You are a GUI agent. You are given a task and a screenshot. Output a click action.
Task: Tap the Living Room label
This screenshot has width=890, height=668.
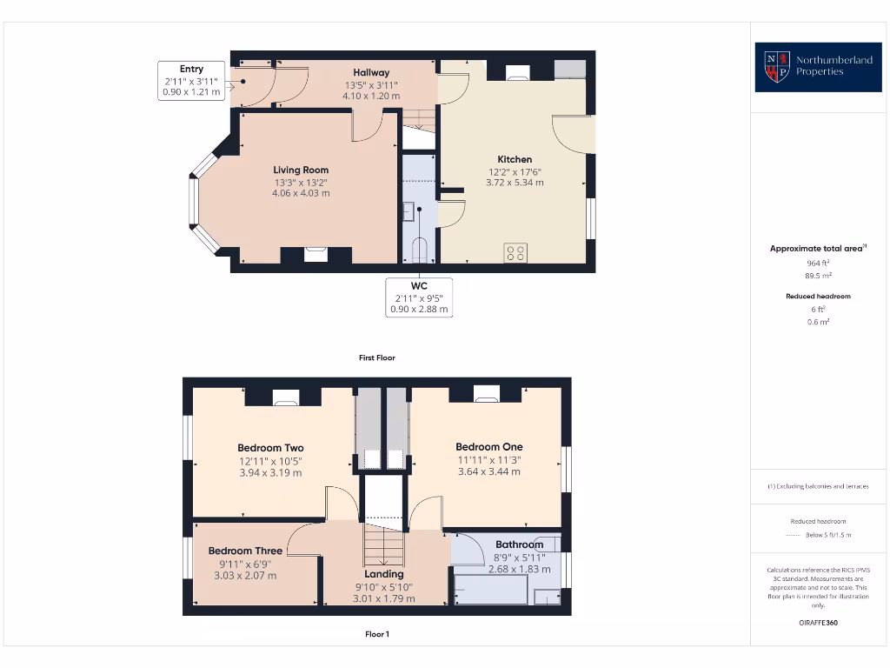[x=301, y=170]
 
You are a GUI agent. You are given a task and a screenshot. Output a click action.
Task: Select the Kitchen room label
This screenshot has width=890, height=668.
[x=515, y=159]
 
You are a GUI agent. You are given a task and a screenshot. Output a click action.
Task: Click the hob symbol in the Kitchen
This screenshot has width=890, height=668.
[x=515, y=252]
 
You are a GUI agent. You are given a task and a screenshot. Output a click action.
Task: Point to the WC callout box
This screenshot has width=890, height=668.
[x=420, y=297]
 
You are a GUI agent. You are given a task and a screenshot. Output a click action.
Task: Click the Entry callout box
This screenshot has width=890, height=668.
[x=191, y=80]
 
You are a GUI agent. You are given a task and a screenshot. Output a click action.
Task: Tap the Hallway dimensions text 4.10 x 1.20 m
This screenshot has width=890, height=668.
[x=371, y=96]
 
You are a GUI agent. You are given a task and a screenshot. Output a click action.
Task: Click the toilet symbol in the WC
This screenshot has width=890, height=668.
[x=420, y=250]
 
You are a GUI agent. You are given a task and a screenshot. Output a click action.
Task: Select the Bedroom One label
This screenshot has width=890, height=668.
[x=489, y=447]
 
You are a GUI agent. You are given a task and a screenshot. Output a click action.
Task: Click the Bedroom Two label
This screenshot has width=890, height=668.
[x=270, y=448]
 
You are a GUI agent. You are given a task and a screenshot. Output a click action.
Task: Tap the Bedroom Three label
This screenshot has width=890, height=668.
[x=245, y=551]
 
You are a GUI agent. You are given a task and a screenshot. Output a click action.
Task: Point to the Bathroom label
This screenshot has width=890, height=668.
[x=519, y=544]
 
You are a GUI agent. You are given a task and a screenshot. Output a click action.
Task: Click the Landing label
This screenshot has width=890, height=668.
[x=384, y=574]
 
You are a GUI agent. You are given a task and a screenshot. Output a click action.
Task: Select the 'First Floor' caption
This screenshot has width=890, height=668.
[x=377, y=357]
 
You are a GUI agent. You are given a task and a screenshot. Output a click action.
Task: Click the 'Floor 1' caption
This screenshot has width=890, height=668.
[x=377, y=634]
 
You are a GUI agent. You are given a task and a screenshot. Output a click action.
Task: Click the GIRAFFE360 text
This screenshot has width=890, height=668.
[x=818, y=623]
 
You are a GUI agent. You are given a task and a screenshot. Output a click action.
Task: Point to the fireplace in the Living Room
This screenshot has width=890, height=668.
[x=315, y=254]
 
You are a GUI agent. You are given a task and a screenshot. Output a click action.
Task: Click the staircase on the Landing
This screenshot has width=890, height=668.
[x=384, y=546]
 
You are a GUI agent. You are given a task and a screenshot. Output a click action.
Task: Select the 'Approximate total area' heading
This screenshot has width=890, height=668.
[x=816, y=249]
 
